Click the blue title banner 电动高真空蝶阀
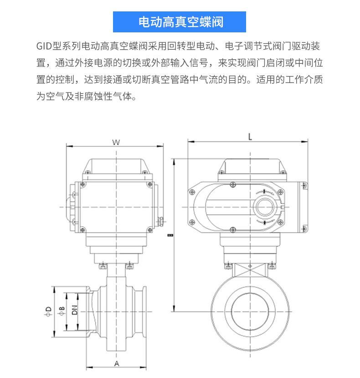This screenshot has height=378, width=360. [180, 22]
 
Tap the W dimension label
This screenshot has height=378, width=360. [116, 142]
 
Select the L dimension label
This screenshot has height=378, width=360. [250, 137]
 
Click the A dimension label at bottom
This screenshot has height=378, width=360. [117, 363]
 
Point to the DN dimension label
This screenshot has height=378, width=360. [75, 310]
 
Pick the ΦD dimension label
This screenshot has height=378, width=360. [48, 311]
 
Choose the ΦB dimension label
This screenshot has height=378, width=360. [62, 311]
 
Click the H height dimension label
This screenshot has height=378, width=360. [170, 235]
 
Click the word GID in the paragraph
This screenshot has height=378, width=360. [44, 46]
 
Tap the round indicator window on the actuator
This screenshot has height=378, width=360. [265, 207]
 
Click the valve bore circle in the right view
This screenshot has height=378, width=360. [250, 312]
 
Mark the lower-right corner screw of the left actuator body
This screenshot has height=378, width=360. [150, 229]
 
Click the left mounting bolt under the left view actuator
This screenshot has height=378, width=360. [103, 266]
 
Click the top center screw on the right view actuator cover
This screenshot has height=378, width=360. [233, 185]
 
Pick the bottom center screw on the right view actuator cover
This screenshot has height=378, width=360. [233, 229]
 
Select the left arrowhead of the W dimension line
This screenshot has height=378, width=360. [69, 146]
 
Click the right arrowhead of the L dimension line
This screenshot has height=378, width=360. [304, 141]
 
